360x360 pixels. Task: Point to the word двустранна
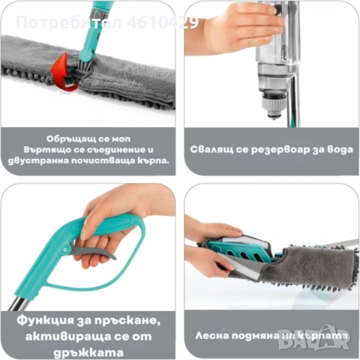coord(43,160)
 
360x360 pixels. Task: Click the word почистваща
coord(100,160)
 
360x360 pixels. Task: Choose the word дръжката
coord(91,346)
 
